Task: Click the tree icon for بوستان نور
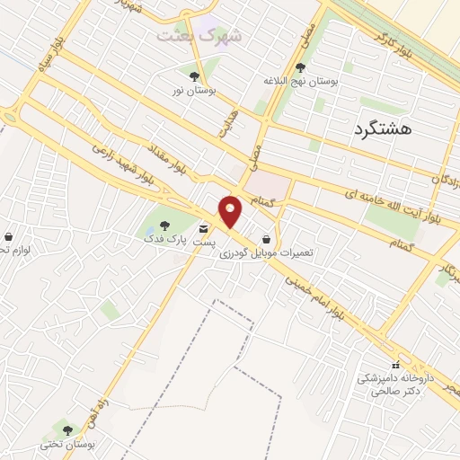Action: (x=195, y=75)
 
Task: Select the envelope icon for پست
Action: (x=205, y=228)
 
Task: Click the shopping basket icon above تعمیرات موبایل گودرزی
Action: (x=267, y=239)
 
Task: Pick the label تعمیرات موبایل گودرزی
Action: (x=267, y=254)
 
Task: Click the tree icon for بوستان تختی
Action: (x=67, y=430)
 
